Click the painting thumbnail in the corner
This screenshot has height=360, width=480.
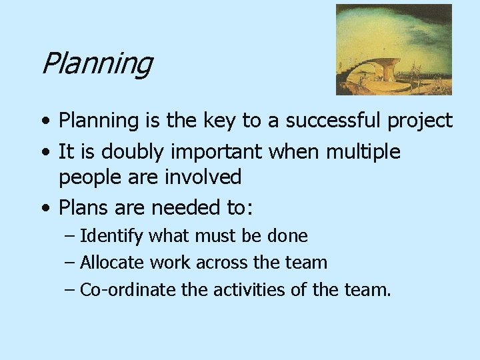(393, 49)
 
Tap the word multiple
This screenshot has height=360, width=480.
(363, 152)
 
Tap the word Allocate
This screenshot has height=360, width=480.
(113, 263)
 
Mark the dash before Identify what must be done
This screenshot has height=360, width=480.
(70, 236)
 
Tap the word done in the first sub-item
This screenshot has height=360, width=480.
(287, 236)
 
